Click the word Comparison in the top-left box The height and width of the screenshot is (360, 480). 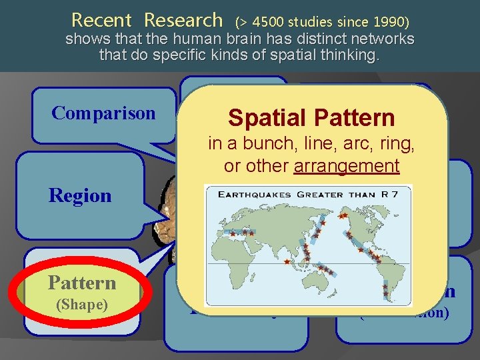(x=103, y=113)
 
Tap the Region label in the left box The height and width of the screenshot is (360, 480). (x=79, y=196)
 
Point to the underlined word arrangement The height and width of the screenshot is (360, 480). (x=347, y=165)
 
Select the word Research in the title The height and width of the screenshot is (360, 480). (x=183, y=20)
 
